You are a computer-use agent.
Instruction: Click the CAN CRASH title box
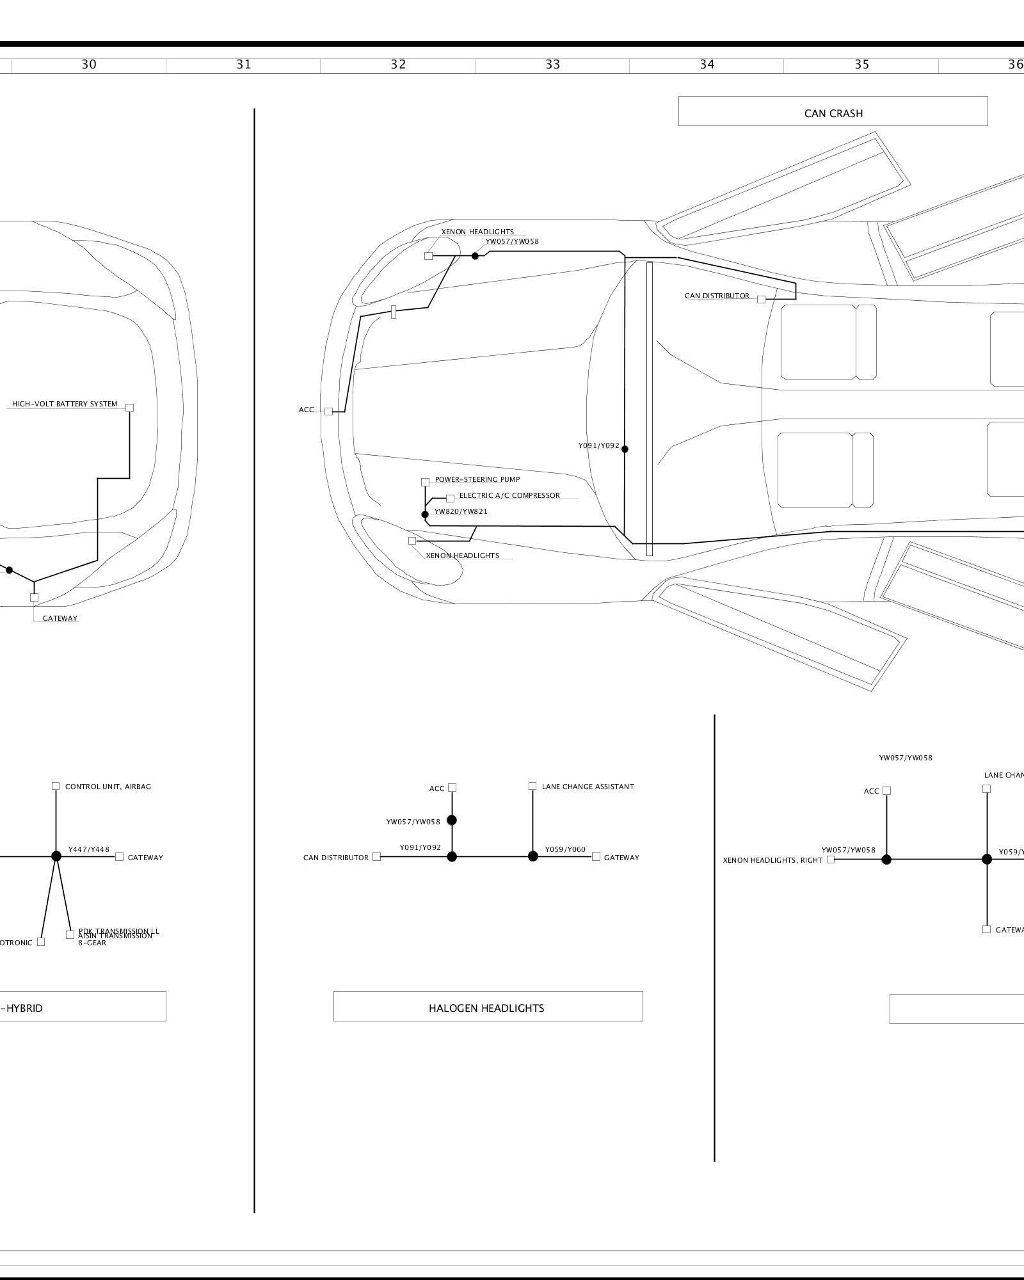[833, 111]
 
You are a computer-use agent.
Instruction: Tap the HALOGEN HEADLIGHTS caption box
[488, 1008]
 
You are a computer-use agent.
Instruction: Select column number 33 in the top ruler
[552, 65]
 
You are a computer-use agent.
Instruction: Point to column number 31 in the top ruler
[243, 65]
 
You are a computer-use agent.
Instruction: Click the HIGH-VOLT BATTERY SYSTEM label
[65, 404]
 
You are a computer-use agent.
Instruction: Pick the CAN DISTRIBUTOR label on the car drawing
[717, 296]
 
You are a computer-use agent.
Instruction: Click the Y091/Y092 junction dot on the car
[625, 449]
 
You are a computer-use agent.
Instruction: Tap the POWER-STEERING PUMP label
[477, 479]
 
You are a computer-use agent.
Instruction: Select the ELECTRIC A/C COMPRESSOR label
[509, 495]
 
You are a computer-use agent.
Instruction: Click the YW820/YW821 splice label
[461, 512]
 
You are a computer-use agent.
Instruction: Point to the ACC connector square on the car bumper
[328, 412]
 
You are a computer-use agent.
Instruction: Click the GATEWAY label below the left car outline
[60, 618]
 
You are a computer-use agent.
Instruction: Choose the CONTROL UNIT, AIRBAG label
[108, 787]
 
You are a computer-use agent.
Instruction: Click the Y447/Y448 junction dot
[56, 856]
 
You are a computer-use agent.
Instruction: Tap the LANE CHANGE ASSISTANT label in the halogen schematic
[588, 787]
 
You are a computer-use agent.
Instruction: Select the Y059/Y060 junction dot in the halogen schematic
[532, 856]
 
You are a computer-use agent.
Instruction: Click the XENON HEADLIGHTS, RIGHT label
[772, 860]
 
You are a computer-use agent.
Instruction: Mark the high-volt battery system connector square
[130, 408]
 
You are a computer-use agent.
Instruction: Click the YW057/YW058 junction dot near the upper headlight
[475, 256]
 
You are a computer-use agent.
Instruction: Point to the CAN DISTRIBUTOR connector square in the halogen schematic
[376, 856]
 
